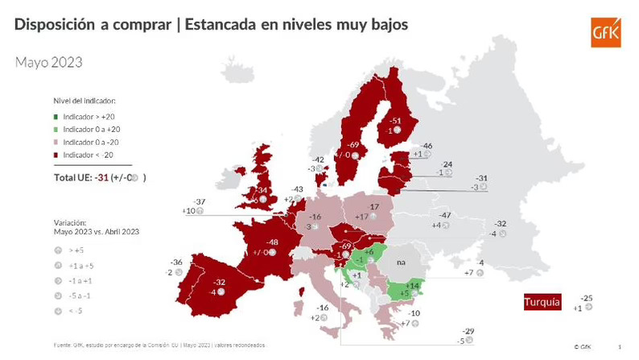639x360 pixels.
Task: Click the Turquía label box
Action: coord(542,302)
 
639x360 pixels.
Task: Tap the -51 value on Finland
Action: coord(395,121)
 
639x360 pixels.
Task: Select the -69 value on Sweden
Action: coord(352,144)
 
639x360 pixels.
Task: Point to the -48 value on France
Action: coord(273,242)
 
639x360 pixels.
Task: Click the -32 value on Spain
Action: coord(220,283)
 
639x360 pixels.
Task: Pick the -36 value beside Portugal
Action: coord(178,263)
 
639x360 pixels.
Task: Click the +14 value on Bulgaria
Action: coord(413,285)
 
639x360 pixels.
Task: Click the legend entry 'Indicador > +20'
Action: coord(89,117)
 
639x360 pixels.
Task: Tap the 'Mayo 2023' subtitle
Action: coord(48,62)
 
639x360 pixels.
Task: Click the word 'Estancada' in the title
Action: coord(222,25)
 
